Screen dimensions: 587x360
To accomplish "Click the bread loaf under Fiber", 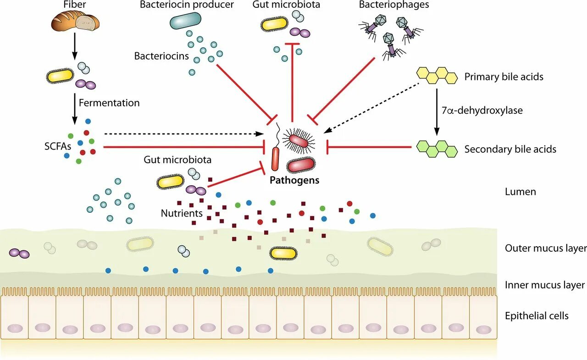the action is point(75,22).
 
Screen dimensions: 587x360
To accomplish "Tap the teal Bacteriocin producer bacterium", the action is point(186,21).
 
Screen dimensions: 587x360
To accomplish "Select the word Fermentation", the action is point(109,103).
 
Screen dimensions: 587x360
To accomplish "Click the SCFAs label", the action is point(58,146).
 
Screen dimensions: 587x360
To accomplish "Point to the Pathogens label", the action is point(294,180).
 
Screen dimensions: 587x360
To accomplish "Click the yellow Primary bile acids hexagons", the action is point(437,76).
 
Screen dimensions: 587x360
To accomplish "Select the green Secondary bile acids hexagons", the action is point(437,149).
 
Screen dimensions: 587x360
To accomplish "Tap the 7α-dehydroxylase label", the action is point(482,111).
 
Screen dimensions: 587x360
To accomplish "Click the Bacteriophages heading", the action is point(394,5).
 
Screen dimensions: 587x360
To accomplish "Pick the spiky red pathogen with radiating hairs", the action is point(299,141).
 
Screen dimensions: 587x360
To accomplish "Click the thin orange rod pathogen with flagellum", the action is point(275,159).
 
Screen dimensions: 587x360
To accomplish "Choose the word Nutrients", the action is point(182,213).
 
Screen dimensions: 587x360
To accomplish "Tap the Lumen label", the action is point(521,192).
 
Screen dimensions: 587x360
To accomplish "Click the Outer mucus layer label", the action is point(546,248).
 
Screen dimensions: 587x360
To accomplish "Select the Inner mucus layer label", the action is point(544,285).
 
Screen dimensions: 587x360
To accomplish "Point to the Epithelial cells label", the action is point(537,316).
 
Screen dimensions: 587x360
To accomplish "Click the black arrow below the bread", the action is point(75,46).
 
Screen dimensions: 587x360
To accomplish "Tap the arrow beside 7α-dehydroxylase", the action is point(437,112).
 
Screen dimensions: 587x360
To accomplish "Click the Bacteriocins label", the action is point(161,56).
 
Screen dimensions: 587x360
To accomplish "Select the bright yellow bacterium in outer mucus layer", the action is point(283,253).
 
